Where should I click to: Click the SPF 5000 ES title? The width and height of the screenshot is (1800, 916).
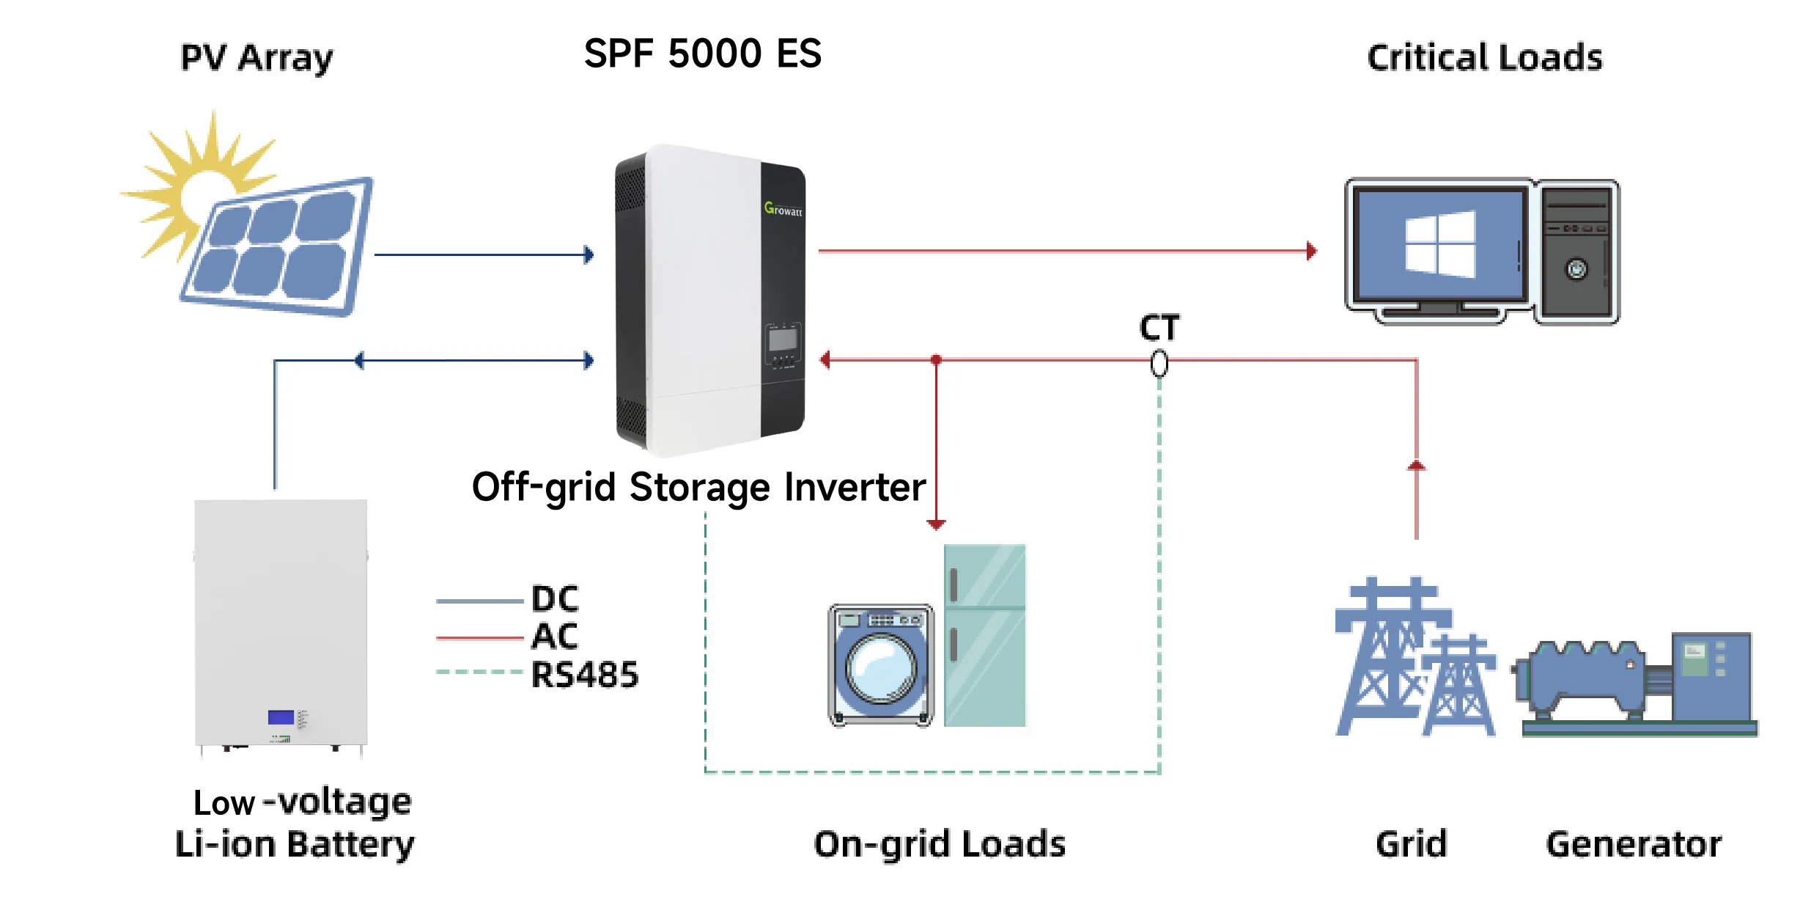[702, 54]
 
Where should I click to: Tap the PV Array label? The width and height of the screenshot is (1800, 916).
[257, 57]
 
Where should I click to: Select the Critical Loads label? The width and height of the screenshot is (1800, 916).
[1484, 57]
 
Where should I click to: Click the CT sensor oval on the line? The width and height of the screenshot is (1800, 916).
[1159, 363]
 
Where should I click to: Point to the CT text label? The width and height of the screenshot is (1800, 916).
[1159, 327]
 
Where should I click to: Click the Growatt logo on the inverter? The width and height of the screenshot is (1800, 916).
[783, 209]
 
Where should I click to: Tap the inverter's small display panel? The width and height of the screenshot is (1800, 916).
[783, 340]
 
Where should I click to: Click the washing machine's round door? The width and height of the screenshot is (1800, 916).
[881, 668]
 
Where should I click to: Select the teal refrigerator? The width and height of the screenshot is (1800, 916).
[984, 635]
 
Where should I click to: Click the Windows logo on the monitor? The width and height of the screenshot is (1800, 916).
[1439, 244]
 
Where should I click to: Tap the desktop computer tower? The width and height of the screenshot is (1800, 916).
[1577, 251]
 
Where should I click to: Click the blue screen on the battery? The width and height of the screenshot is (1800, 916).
[281, 717]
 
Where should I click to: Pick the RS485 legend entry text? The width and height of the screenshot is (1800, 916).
[584, 675]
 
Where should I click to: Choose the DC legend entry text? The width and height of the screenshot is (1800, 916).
[555, 599]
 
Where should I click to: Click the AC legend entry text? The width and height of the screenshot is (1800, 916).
[555, 636]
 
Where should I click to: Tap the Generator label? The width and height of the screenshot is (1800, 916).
[1634, 843]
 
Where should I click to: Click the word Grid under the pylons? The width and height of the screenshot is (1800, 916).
[1411, 843]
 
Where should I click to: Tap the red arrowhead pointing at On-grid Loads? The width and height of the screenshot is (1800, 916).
[936, 524]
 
